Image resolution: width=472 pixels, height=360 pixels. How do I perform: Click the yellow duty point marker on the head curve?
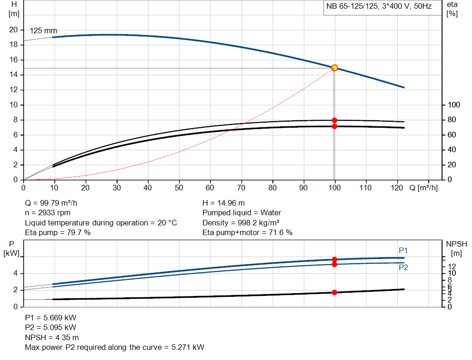[x=335, y=68]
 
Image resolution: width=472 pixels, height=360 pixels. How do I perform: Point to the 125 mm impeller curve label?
[x=44, y=31]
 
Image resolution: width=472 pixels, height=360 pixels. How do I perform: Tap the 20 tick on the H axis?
[x=14, y=30]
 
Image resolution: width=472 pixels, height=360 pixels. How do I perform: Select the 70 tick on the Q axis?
[x=242, y=188]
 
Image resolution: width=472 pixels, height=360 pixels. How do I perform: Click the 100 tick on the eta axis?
[x=454, y=105]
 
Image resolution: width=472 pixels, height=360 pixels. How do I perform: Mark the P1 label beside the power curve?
[x=403, y=250]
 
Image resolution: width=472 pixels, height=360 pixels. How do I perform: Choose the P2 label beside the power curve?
[x=403, y=267]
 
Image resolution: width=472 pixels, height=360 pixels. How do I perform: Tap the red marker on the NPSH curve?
[x=335, y=292]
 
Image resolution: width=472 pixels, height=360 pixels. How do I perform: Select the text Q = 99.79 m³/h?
[x=54, y=203]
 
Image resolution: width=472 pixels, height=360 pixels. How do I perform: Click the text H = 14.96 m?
[x=224, y=203]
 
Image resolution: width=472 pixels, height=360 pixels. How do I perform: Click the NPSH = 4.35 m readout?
[x=52, y=337]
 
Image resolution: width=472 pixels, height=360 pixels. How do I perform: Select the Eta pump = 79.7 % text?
[x=58, y=233]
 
